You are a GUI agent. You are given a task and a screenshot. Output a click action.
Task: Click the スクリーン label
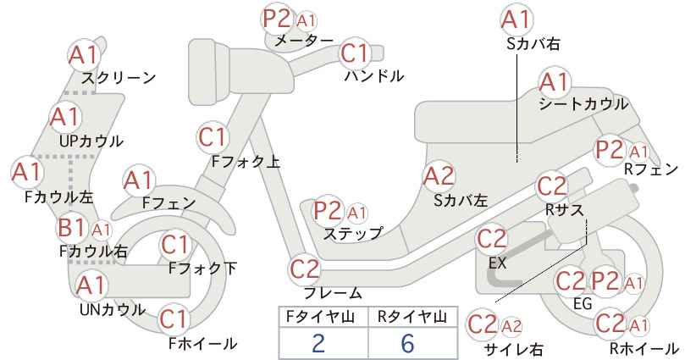pyautogui.click(x=119, y=78)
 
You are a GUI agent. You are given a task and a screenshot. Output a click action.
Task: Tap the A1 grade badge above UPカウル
pyautogui.click(x=65, y=117)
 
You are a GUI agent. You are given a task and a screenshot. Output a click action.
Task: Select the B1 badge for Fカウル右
pyautogui.click(x=72, y=228)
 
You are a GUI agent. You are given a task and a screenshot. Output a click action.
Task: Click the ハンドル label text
pyautogui.click(x=374, y=76)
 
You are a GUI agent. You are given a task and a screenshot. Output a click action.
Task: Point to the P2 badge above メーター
pyautogui.click(x=277, y=19)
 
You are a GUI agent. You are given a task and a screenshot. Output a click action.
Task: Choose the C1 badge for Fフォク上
pyautogui.click(x=213, y=137)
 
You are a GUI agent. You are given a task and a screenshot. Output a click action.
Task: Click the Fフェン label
pyautogui.click(x=169, y=203)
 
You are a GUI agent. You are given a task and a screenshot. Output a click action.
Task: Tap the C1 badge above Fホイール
pyautogui.click(x=175, y=318)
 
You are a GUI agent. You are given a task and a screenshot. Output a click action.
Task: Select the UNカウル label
pyautogui.click(x=113, y=309)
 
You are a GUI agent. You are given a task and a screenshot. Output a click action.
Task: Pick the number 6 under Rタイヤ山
pyautogui.click(x=407, y=343)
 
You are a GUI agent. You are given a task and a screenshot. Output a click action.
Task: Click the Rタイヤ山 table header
pyautogui.click(x=412, y=317)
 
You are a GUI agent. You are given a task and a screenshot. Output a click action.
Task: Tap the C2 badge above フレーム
pyautogui.click(x=305, y=269)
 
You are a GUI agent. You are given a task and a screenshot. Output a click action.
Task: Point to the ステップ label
pyautogui.click(x=352, y=233)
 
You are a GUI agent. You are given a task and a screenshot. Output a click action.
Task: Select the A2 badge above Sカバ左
pyautogui.click(x=439, y=176)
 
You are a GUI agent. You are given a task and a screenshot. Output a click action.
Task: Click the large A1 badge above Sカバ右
pyautogui.click(x=516, y=19)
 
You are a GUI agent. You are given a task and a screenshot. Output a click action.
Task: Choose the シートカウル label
pyautogui.click(x=583, y=104)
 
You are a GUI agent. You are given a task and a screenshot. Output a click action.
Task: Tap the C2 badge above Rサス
pyautogui.click(x=552, y=186)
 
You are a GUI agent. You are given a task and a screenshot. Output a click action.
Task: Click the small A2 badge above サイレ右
pyautogui.click(x=511, y=326)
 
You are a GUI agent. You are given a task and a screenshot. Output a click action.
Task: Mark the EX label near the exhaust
pyautogui.click(x=497, y=263)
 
